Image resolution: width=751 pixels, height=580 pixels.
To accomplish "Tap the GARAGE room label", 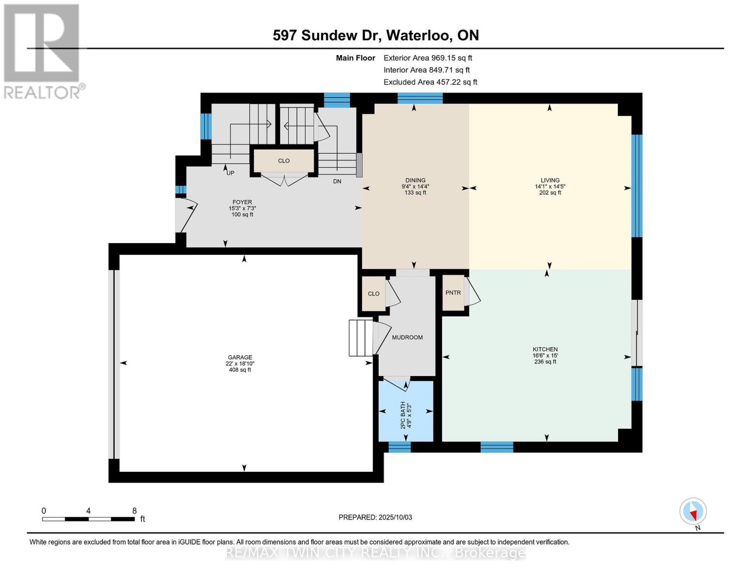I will coord(240,358).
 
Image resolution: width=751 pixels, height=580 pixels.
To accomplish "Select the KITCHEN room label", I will coord(545,349).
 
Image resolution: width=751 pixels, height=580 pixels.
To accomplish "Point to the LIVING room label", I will coord(550,180).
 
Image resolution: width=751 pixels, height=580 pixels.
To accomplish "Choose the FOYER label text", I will coord(242,203).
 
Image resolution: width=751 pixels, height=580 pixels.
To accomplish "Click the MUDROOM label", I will coord(407,337).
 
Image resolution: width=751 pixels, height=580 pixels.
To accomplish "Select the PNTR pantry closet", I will coord(453,293).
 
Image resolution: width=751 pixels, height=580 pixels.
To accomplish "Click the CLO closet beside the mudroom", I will coord(373,293).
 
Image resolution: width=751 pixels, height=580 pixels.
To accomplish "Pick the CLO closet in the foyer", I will coord(283,160).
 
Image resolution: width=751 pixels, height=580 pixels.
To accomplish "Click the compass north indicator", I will coord(693,511).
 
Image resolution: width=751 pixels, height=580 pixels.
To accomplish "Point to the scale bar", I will coord(88,519).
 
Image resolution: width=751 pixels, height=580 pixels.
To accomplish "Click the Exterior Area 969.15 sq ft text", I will coord(427,58).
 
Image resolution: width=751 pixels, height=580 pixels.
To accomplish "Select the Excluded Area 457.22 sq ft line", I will coord(430,82).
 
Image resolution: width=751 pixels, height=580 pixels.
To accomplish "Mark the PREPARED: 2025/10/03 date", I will coord(375,517).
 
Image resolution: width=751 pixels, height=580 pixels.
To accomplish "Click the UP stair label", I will coord(230,173).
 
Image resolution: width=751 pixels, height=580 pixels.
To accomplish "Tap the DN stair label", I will coord(337,181).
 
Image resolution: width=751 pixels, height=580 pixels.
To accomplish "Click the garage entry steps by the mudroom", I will coord(361,337).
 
